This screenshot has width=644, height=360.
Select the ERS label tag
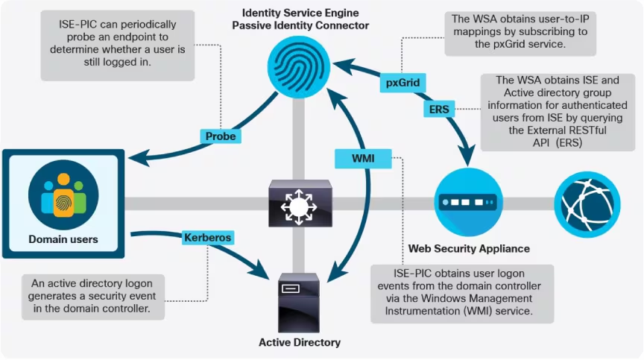[439, 109]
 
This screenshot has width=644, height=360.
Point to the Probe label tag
[221, 136]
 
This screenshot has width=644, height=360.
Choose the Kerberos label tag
[208, 238]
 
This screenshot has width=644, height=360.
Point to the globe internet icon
[587, 202]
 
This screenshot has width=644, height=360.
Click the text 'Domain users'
[63, 239]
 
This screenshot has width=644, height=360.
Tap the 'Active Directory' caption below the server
[300, 342]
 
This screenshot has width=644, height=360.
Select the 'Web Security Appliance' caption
[469, 248]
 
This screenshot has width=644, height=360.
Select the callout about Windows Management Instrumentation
[462, 294]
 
